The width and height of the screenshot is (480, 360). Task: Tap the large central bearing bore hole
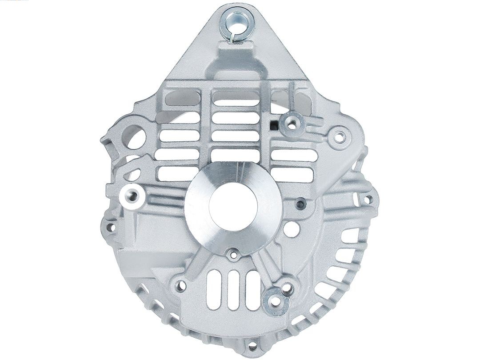click(x=233, y=208)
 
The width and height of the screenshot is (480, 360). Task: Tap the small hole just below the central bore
click(x=233, y=255)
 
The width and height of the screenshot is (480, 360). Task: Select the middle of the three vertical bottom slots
click(x=233, y=289)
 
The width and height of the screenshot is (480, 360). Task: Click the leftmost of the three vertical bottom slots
click(x=213, y=289)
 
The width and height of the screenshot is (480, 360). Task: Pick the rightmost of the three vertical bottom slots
click(x=252, y=289)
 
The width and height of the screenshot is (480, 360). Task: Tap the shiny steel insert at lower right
click(x=276, y=301)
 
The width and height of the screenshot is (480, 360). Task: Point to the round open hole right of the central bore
click(x=291, y=229)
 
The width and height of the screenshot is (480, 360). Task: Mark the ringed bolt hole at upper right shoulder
click(x=339, y=137)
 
